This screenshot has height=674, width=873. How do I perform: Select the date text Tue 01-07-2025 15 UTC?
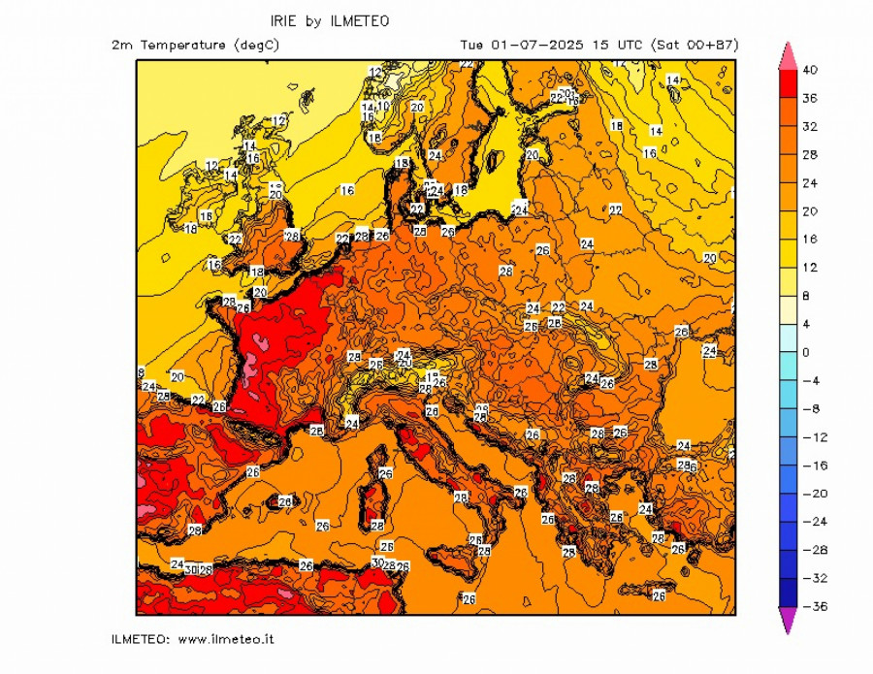[549, 45]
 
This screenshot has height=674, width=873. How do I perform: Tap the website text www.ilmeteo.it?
[225, 639]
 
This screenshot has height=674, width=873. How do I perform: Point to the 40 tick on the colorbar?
[810, 70]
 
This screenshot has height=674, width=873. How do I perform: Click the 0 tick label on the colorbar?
[806, 352]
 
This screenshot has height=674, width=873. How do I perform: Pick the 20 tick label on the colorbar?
[810, 210]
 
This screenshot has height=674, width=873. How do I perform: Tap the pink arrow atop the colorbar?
[788, 55]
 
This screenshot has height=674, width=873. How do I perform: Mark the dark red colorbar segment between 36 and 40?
[788, 84]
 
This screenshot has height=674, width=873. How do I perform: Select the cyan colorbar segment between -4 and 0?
[788, 367]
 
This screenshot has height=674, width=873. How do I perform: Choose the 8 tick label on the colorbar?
[806, 296]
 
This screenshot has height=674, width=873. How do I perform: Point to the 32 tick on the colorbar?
[810, 126]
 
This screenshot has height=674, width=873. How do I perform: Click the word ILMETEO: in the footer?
[142, 639]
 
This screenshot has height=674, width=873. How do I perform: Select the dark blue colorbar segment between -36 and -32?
[788, 593]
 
